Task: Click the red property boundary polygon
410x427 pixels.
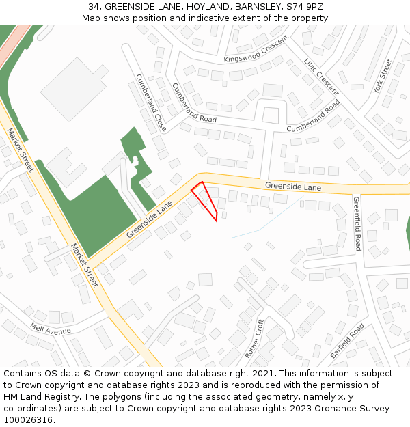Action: tap(205, 199)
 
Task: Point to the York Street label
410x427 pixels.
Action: tap(383, 77)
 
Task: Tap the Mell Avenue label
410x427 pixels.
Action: tap(50, 331)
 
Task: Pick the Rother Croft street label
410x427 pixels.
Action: tap(254, 339)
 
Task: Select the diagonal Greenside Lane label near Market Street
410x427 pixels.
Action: tap(150, 221)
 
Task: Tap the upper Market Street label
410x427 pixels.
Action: tap(20, 150)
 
